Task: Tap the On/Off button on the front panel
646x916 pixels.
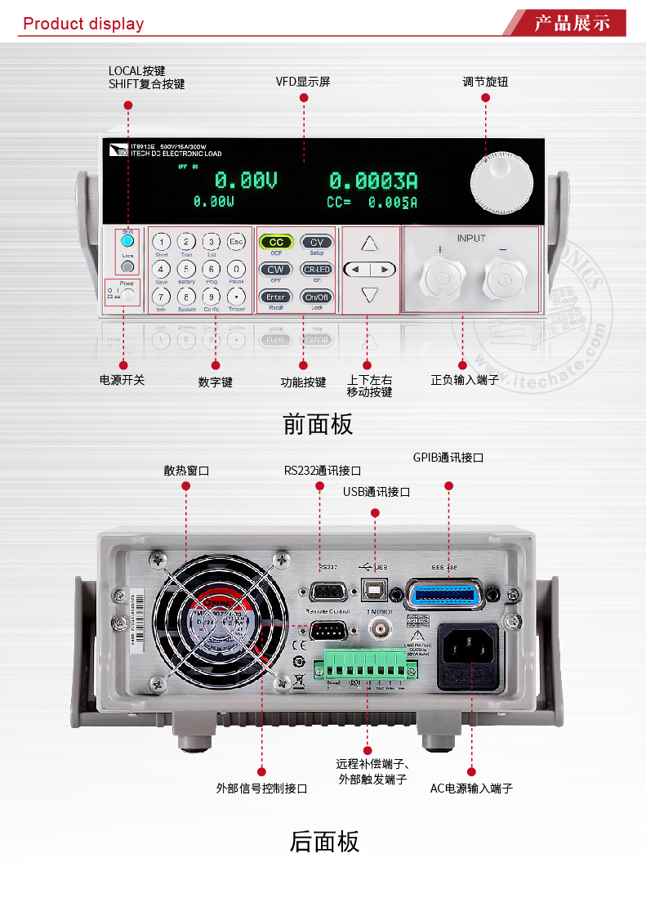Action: coord(316,297)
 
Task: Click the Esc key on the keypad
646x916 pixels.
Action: coord(236,242)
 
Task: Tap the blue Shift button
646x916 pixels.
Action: coord(127,241)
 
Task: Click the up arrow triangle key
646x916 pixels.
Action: coord(370,244)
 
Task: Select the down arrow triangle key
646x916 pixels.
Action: coord(370,295)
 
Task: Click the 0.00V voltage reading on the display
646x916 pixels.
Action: coord(246,180)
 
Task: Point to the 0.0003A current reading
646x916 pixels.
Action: coord(373,181)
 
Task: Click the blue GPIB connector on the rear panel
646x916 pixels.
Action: coord(445,594)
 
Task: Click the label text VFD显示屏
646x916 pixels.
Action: coord(303,82)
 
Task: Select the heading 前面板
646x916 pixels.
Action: coord(318,424)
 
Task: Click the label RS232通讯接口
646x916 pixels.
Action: coord(323,471)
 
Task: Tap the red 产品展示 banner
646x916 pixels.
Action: coord(572,23)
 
